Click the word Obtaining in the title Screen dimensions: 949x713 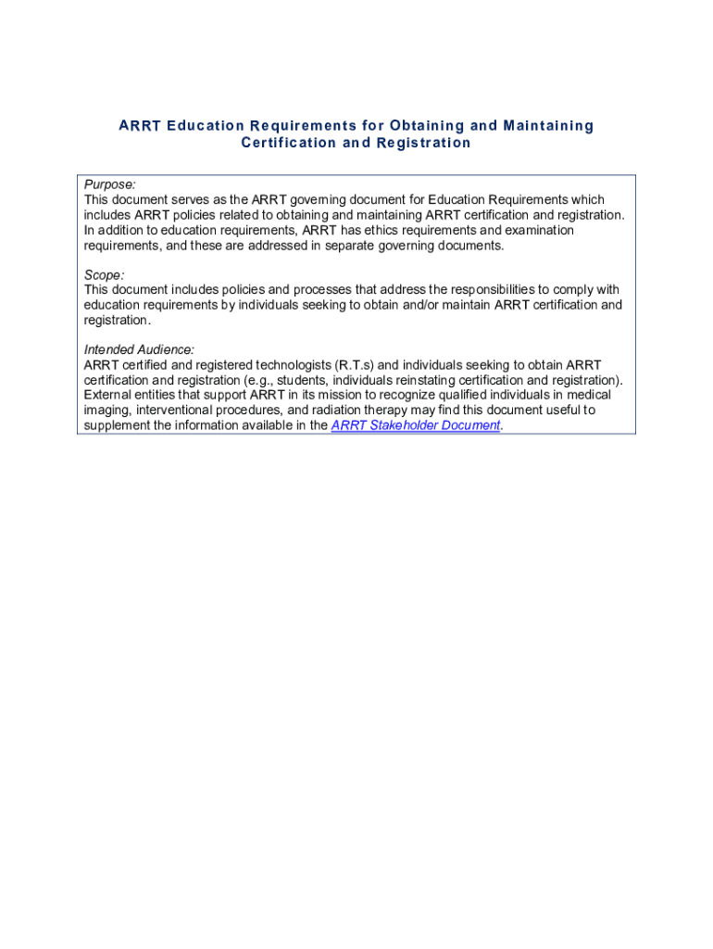click(x=421, y=125)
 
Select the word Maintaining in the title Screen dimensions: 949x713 click(x=548, y=125)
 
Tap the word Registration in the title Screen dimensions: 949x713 click(x=422, y=143)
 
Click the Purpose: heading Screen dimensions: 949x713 click(x=110, y=184)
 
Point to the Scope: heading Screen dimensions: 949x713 click(x=105, y=274)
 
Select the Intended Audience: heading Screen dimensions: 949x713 click(x=139, y=349)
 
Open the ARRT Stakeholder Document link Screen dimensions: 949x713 click(x=416, y=425)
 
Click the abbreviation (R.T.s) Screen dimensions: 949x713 click(x=355, y=365)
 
